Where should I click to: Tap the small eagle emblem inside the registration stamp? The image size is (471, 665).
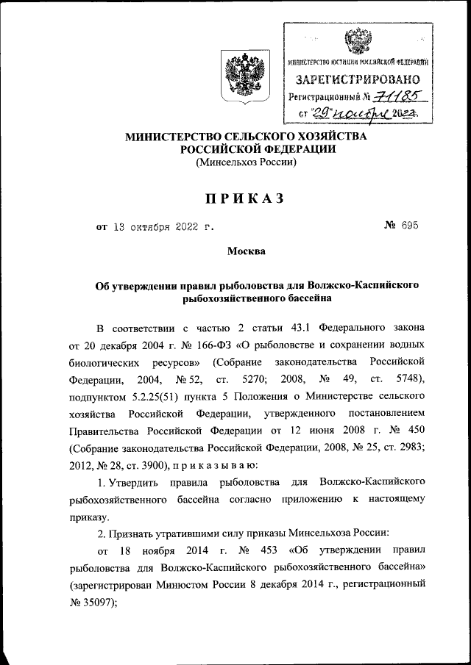coord(358,38)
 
